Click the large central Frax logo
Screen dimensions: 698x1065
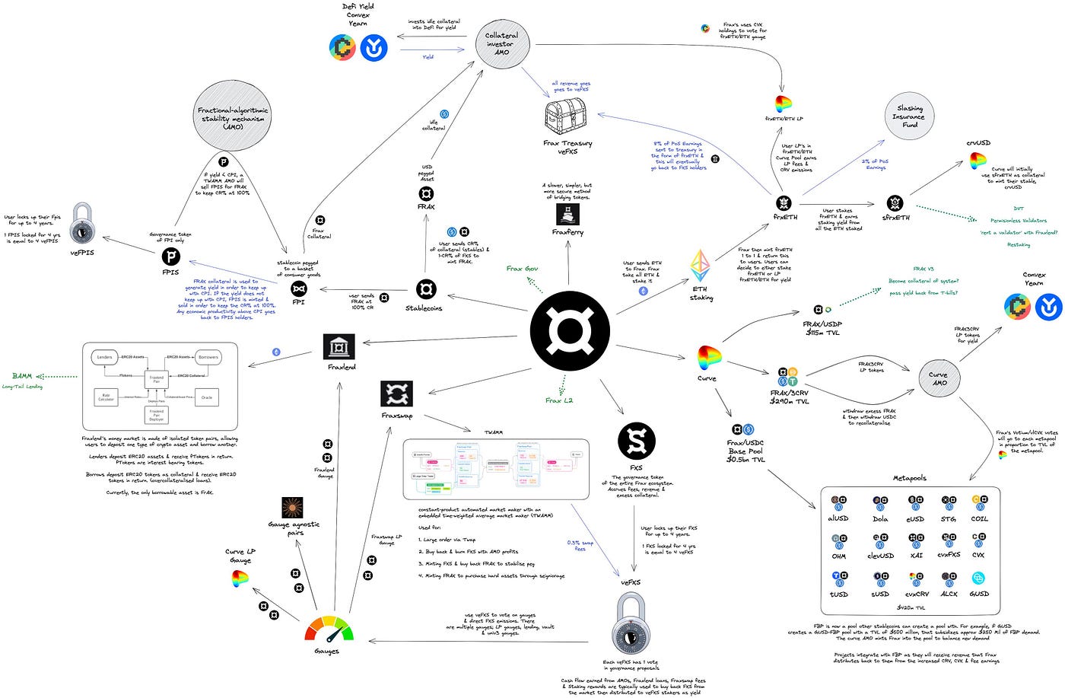[570, 331]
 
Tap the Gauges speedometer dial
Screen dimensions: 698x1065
[329, 628]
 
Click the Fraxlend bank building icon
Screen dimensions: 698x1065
[339, 346]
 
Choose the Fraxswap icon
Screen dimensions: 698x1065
[396, 394]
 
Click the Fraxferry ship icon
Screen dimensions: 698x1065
[567, 214]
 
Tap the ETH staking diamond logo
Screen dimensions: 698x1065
[700, 266]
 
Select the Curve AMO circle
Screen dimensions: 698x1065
[939, 378]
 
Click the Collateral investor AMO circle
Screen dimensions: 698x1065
[501, 43]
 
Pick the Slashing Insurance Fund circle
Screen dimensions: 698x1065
[909, 116]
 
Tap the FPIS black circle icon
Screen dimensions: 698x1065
[171, 257]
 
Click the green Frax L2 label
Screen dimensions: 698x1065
[559, 400]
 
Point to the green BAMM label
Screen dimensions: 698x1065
[22, 376]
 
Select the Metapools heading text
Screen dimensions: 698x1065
[909, 478]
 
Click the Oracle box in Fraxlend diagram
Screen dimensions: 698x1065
[206, 397]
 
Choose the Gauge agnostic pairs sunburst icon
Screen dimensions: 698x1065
[292, 508]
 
